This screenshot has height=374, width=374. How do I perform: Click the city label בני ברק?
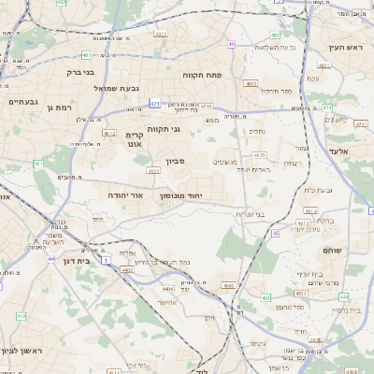81,71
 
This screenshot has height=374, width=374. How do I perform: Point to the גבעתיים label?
22,101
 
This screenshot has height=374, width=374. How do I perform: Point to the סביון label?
176,162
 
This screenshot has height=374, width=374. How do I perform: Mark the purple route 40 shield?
231,43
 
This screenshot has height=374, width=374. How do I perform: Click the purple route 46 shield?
276,233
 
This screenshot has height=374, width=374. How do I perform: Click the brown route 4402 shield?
125,270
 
